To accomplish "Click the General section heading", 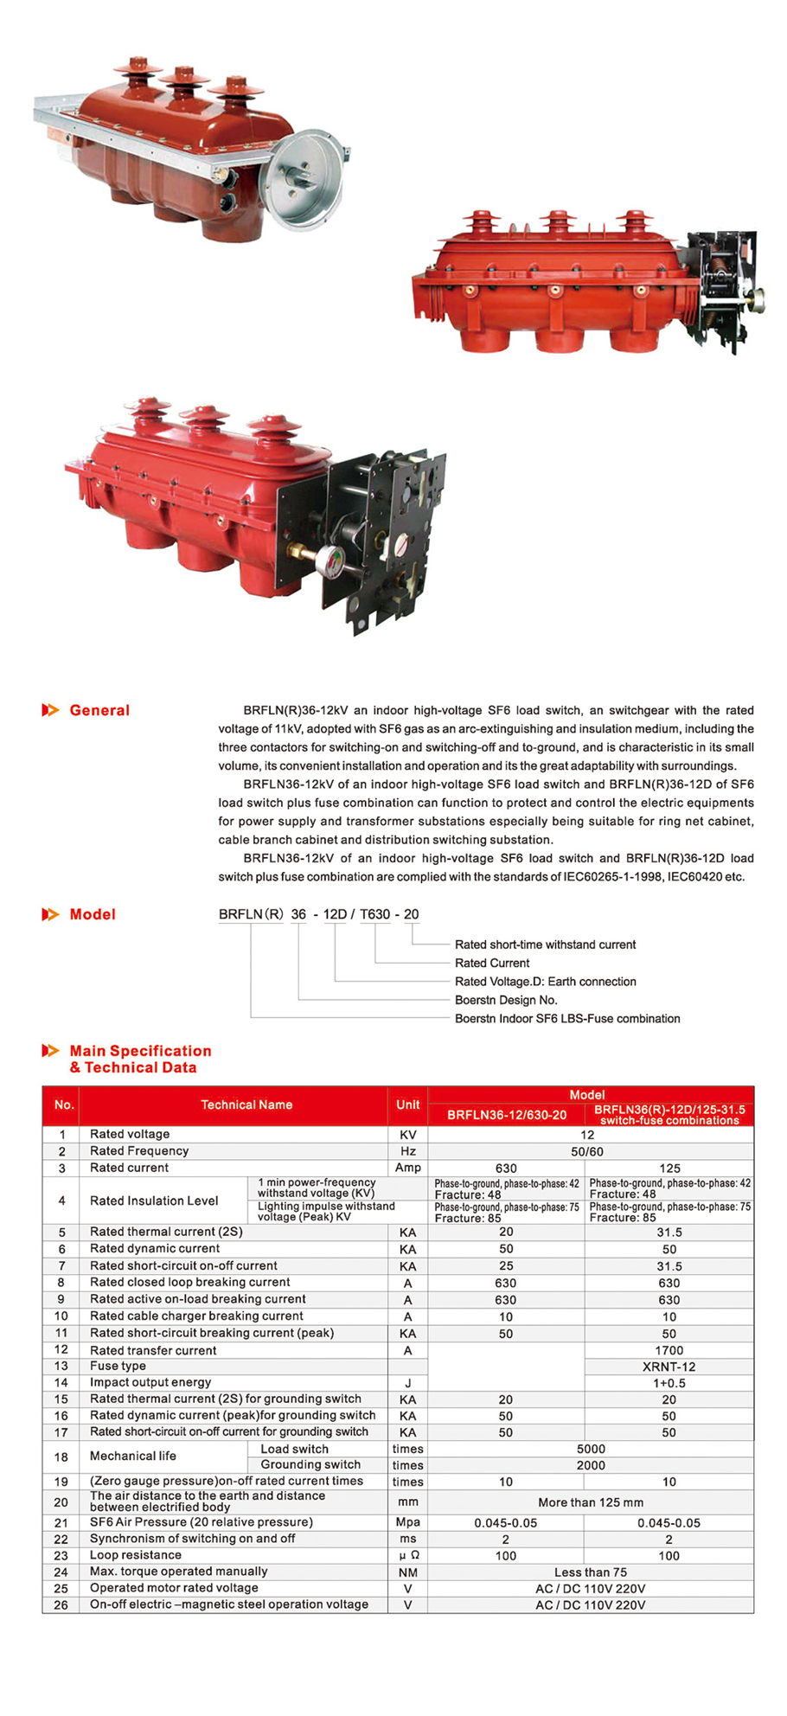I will point(99,710).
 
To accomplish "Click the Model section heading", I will point(92,914).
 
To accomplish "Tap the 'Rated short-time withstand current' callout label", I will point(545,944).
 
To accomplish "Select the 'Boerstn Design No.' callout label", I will point(506,1000).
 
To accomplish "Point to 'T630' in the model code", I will point(375,914).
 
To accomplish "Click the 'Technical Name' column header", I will point(246,1105).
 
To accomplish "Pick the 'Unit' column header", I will point(408,1105).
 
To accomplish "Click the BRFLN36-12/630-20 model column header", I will point(507,1115).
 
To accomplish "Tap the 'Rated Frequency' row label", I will point(139,1151).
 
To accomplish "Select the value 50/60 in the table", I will point(587,1152).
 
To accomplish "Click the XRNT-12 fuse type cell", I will point(669,1367).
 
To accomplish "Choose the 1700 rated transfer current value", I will point(669,1350).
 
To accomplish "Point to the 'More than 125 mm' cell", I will point(591,1502).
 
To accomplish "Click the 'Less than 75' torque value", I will point(591,1572).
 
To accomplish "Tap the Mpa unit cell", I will point(408,1522).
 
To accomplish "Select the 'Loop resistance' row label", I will point(136,1555).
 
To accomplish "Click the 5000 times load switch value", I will point(591,1449).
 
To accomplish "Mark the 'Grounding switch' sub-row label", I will point(310,1464).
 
